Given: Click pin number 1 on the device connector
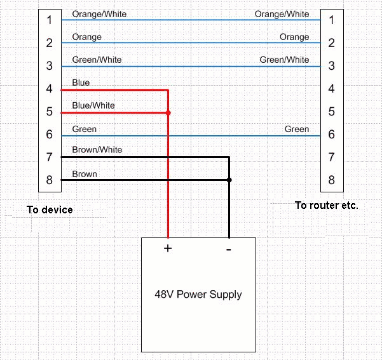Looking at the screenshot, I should point(49,20).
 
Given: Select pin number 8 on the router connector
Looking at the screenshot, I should point(331,180).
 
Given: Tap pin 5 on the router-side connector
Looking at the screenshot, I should point(331,112).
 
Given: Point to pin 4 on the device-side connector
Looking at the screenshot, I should point(49,89).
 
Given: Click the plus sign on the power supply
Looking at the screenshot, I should point(168,248).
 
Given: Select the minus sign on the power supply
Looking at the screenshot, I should point(229,249).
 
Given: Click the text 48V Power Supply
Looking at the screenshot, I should point(198,295).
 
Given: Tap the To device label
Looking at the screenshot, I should point(50,210).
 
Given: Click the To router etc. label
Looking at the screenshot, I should point(327,206).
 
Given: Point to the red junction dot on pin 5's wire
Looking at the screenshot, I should point(168,113).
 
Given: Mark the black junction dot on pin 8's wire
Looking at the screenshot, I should point(229,180).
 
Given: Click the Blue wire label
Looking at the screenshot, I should point(81,83).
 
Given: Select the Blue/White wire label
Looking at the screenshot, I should point(93,105).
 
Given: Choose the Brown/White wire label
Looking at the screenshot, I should point(97,150).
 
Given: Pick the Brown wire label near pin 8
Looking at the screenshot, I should point(85,174).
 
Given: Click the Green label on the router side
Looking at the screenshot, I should point(297,130).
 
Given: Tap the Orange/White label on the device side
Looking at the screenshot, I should point(100,14).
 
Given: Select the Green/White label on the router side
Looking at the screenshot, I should point(284,60).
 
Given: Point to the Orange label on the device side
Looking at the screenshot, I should point(87,37).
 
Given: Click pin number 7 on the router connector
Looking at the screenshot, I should point(331,157).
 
